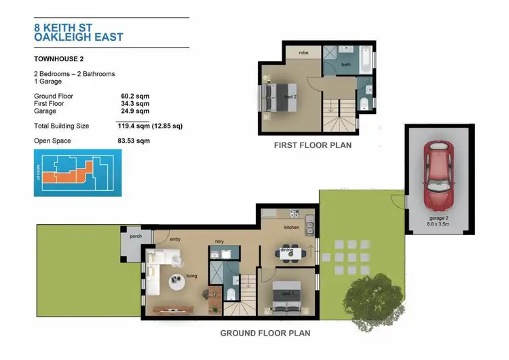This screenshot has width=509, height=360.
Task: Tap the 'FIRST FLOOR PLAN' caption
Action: point(312,145)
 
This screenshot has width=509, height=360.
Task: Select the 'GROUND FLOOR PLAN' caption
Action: point(265,334)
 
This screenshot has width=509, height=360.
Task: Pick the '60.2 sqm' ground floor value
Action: point(134,96)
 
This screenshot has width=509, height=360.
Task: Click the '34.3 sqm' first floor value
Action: point(134,104)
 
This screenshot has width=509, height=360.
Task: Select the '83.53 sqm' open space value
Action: point(134,141)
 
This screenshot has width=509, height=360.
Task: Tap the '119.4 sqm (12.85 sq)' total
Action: point(150,126)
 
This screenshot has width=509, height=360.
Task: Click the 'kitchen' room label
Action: point(292,227)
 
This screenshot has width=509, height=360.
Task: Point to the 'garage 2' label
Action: point(437,218)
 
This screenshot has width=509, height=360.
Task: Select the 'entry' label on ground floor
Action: point(174,240)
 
